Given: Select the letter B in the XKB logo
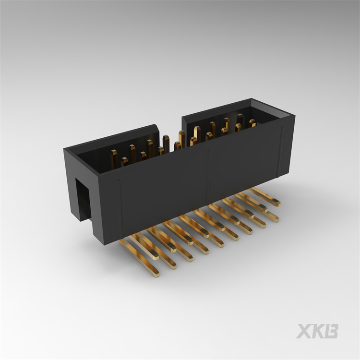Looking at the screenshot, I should click(x=332, y=331).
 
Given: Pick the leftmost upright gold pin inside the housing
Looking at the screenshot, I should click(x=114, y=158).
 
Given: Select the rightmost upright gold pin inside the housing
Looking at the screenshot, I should click(x=252, y=123).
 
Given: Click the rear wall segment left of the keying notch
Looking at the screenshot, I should click(x=115, y=139).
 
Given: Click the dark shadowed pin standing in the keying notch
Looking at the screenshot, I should click(x=166, y=143).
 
